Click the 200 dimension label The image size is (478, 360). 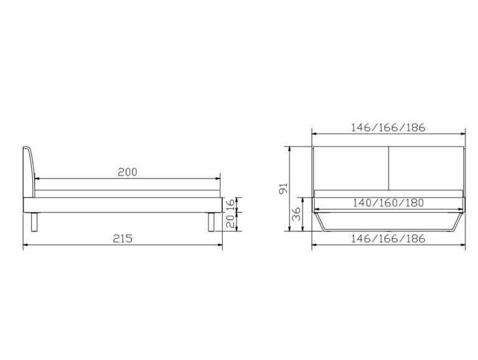point(128,172)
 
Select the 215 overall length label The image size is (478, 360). point(123,238)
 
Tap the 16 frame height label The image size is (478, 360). point(230,205)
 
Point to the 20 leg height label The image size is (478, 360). point(230,221)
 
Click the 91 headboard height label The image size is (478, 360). point(284,188)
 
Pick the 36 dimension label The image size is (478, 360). point(296,214)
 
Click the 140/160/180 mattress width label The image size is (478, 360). point(388,203)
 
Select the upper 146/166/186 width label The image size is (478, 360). point(388,127)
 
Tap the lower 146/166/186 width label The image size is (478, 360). point(388,239)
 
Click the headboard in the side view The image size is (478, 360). point(29,172)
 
